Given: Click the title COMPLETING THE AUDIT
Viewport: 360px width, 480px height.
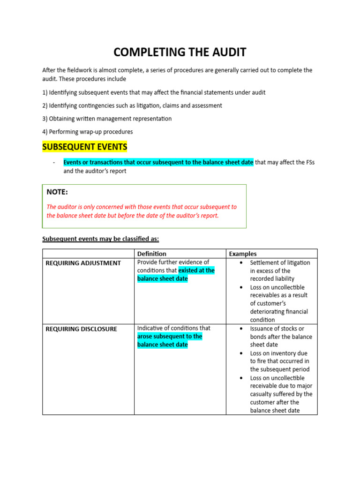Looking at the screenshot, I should tap(180, 52).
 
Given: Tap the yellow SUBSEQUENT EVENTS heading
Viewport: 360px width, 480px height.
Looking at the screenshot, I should tap(85, 147).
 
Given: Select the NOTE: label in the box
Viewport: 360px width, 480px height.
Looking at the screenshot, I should tap(57, 192).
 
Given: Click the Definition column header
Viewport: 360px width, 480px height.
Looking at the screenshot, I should tap(151, 254).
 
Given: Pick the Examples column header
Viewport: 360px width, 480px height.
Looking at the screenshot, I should tap(242, 254).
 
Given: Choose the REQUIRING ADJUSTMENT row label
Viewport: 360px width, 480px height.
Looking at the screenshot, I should tap(83, 263).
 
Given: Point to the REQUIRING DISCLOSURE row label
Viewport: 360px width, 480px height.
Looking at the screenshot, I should tap(81, 329).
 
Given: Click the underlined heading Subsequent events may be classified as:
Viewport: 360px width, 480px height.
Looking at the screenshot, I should tap(101, 239).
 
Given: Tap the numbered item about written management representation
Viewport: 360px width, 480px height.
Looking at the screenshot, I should tap(107, 119).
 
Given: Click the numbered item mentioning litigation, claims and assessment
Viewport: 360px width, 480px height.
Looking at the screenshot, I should tap(132, 105).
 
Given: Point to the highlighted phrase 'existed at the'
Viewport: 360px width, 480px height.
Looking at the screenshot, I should tap(196, 270).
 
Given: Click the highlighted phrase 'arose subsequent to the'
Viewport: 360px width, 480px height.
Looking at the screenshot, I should tap(170, 337).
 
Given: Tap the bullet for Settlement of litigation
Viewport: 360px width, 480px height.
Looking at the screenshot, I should tap(240, 262).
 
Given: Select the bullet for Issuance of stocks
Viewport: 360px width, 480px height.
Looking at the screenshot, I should tap(240, 329).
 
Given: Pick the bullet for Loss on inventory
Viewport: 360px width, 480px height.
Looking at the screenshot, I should tap(240, 353).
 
